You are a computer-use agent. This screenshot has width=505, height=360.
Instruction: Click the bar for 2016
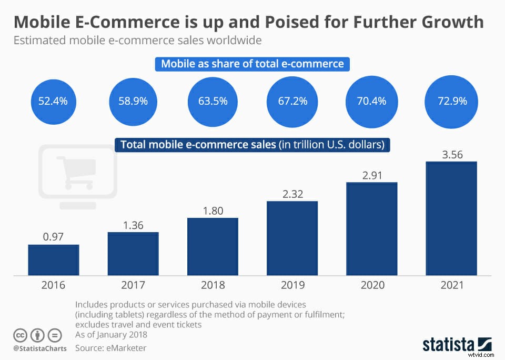coord(54,260)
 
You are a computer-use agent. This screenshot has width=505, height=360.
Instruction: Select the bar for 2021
coord(451,218)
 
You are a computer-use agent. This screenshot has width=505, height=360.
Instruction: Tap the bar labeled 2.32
coord(292,238)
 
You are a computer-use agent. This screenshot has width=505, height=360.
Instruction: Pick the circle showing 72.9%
coord(451,101)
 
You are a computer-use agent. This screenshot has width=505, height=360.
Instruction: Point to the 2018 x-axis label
coord(212,285)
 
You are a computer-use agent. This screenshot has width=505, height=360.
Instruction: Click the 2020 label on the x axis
coord(371,285)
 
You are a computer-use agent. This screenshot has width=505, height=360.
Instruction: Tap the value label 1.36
coord(133,225)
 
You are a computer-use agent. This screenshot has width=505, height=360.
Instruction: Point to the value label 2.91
coord(371,175)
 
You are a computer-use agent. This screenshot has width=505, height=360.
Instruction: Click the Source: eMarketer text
coord(111,348)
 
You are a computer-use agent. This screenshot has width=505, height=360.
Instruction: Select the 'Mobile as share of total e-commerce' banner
coord(252,64)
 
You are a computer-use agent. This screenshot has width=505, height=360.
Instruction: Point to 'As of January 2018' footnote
coord(111,335)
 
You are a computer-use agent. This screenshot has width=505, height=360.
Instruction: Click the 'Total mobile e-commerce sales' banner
coord(252,145)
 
